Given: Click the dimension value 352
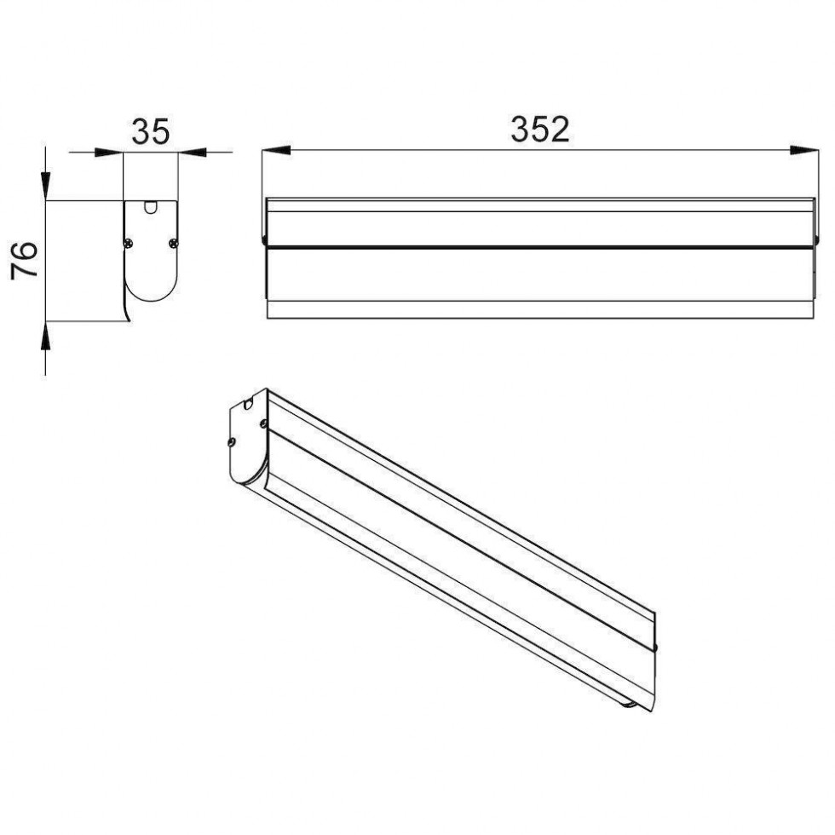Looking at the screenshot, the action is click(539, 130).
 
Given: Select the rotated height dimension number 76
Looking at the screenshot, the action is click(25, 260).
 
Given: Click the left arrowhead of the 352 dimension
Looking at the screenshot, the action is click(276, 150).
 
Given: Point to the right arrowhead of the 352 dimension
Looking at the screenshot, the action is click(804, 150).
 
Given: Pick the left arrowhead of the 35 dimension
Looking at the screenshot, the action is click(109, 153).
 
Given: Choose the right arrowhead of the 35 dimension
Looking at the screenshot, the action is click(192, 153).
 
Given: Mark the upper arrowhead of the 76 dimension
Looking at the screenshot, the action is click(46, 186).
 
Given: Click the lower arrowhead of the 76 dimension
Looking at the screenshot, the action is click(46, 336).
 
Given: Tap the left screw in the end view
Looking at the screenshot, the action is click(129, 244).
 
